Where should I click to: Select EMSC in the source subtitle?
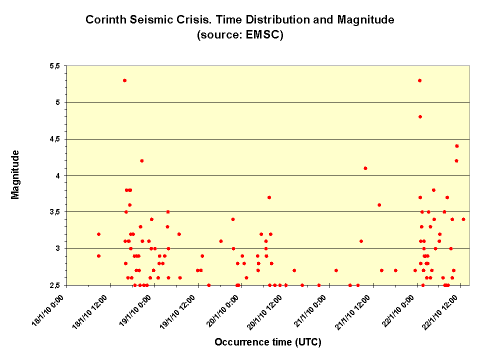[x=263, y=35]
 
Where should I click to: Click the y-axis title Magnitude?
[x=15, y=174]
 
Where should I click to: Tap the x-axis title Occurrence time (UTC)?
[x=267, y=342]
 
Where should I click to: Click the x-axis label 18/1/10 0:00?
[x=50, y=310]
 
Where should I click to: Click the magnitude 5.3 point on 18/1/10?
[x=124, y=80]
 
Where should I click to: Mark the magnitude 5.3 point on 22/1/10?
[x=420, y=80]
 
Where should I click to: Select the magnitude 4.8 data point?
[x=420, y=117]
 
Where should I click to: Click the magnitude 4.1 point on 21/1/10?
[x=365, y=168]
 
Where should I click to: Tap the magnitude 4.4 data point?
[x=456, y=146]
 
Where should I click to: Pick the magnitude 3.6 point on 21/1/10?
[x=379, y=204]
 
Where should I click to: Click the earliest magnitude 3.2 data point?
[x=99, y=234]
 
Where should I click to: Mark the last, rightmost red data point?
[x=463, y=219]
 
